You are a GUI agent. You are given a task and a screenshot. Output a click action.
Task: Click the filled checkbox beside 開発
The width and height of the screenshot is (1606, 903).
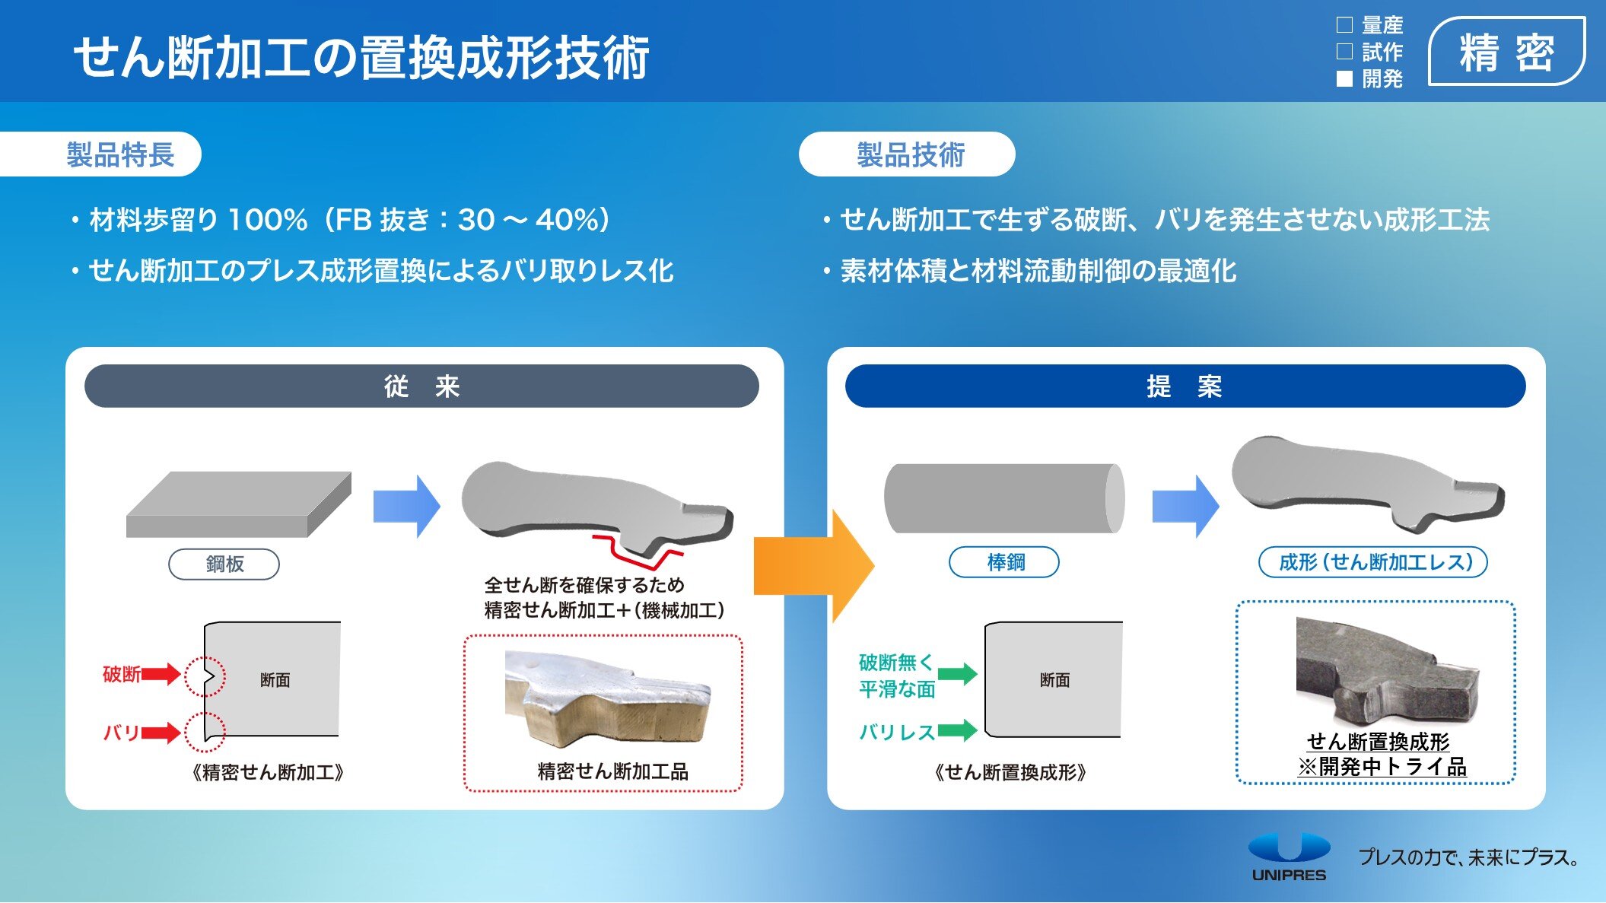pyautogui.click(x=1344, y=78)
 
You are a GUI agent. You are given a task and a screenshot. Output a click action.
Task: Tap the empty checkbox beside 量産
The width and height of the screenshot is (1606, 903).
pyautogui.click(x=1344, y=25)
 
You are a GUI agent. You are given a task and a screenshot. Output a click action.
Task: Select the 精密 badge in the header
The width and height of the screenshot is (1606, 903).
pyautogui.click(x=1506, y=52)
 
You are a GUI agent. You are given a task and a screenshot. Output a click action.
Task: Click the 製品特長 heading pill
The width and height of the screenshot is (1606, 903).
pyautogui.click(x=120, y=154)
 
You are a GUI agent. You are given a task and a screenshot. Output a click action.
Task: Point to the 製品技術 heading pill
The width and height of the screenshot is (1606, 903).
pyautogui.click(x=909, y=154)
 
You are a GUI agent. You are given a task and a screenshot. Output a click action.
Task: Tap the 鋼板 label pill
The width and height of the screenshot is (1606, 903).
pyautogui.click(x=224, y=564)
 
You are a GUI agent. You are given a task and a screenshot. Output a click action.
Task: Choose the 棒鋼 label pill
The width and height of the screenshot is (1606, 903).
pyautogui.click(x=1004, y=562)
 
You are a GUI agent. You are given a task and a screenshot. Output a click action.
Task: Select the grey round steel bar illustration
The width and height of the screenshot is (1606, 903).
pyautogui.click(x=1003, y=498)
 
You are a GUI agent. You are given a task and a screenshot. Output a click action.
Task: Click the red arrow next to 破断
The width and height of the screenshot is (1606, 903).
pyautogui.click(x=161, y=673)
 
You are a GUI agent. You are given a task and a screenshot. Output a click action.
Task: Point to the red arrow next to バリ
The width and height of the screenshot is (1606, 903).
pyautogui.click(x=161, y=733)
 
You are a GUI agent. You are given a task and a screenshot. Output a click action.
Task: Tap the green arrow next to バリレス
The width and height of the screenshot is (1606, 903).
pyautogui.click(x=957, y=730)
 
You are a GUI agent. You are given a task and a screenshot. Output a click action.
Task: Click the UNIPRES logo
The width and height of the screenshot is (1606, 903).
pyautogui.click(x=1289, y=857)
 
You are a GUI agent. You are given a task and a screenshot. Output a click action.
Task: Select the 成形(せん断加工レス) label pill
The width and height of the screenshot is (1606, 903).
pyautogui.click(x=1374, y=562)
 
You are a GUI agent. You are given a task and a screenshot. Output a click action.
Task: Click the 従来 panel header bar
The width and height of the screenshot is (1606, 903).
pyautogui.click(x=421, y=386)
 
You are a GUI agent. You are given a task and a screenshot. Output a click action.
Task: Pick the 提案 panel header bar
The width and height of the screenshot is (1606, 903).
pyautogui.click(x=1185, y=386)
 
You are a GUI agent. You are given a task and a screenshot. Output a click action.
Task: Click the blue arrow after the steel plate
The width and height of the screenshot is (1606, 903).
pyautogui.click(x=406, y=507)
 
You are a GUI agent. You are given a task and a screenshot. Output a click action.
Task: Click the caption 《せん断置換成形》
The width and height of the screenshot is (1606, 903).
pyautogui.click(x=1010, y=772)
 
